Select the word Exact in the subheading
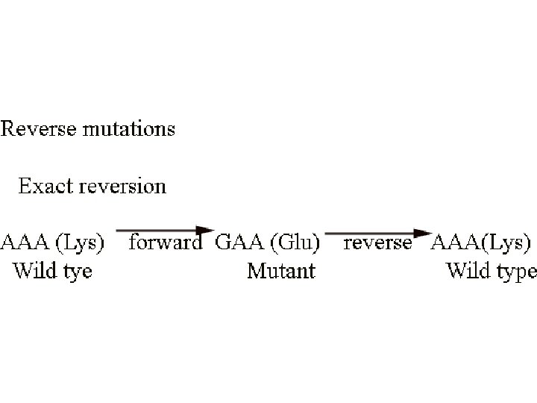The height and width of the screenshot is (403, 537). click(x=43, y=185)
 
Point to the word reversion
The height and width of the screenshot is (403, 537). click(x=119, y=185)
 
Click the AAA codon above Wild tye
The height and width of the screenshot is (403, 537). click(x=24, y=242)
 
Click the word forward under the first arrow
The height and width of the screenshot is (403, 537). click(x=166, y=243)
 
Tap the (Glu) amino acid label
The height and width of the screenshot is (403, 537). click(x=295, y=243)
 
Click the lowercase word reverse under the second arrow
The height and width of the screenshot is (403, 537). click(x=377, y=243)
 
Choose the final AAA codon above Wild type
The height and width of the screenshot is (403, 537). click(x=456, y=243)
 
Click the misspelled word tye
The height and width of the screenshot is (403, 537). click(x=77, y=272)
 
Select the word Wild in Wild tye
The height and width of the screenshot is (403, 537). click(x=34, y=270)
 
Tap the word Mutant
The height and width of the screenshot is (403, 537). click(x=281, y=270)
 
